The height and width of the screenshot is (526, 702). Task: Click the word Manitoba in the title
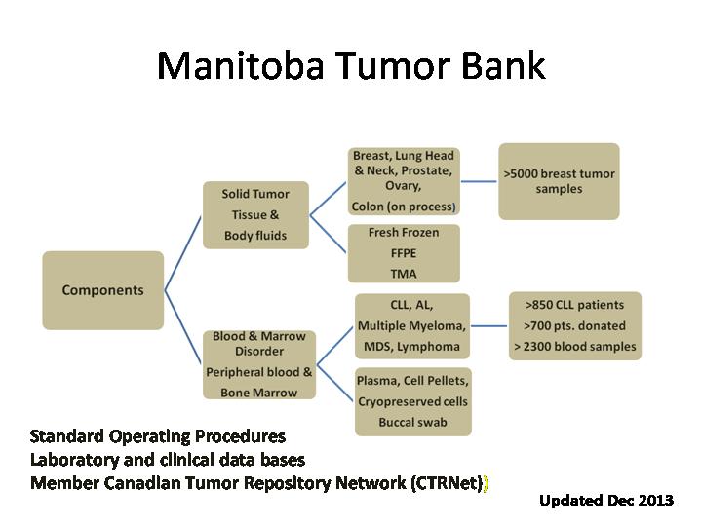(240, 65)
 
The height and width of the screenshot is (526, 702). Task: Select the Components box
(103, 290)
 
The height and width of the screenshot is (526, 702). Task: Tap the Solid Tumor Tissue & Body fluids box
(255, 214)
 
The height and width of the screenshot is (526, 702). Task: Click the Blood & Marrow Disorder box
(259, 364)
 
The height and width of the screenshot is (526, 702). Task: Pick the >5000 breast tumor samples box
(560, 181)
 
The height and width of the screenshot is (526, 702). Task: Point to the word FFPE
(404, 253)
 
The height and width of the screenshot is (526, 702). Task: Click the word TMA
(404, 274)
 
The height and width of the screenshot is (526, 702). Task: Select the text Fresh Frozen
(404, 233)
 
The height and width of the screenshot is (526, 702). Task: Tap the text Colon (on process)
(404, 207)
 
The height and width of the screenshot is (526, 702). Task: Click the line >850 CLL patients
(575, 305)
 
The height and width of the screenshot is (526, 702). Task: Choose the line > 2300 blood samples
(575, 346)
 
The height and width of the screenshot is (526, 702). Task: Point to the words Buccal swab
(412, 422)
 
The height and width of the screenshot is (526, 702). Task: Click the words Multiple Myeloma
(411, 326)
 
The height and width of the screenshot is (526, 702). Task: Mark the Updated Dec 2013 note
(606, 500)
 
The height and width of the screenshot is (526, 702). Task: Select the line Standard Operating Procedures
(158, 436)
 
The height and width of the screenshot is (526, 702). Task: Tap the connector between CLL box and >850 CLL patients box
(488, 326)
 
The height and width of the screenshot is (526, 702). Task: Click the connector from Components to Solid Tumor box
(183, 253)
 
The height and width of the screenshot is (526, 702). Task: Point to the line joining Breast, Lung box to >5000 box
(479, 181)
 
